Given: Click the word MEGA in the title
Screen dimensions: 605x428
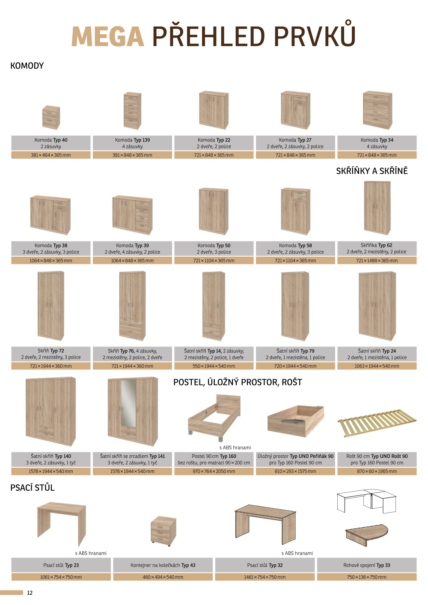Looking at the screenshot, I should pyautogui.click(x=107, y=36).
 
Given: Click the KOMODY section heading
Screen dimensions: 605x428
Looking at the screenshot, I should pyautogui.click(x=27, y=66).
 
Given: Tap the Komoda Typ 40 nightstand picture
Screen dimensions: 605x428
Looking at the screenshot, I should pyautogui.click(x=51, y=117).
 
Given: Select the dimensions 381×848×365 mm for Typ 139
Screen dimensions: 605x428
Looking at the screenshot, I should pyautogui.click(x=132, y=155).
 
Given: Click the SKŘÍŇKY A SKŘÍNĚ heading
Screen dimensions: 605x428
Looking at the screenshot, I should pyautogui.click(x=372, y=171).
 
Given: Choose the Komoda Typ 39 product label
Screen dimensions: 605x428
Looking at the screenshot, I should pyautogui.click(x=132, y=246).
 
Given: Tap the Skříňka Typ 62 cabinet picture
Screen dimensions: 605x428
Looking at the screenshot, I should pyautogui.click(x=377, y=208).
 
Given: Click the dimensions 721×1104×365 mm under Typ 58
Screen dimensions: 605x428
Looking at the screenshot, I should pyautogui.click(x=295, y=261).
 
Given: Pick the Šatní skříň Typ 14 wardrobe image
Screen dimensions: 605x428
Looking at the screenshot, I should pyautogui.click(x=214, y=306).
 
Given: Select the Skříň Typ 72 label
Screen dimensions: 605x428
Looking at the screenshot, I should pyautogui.click(x=51, y=351).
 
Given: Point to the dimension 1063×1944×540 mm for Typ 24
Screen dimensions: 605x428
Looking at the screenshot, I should pyautogui.click(x=377, y=366).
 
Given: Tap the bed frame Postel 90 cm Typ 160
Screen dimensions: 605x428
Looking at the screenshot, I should pyautogui.click(x=214, y=417).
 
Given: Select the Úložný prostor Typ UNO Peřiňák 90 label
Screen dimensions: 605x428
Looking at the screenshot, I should pyautogui.click(x=295, y=457).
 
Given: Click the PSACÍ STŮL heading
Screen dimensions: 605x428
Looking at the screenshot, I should pyautogui.click(x=33, y=488).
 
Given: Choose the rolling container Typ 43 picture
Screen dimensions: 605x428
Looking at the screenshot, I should pyautogui.click(x=163, y=531).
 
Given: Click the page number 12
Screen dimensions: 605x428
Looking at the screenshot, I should pyautogui.click(x=30, y=593).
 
